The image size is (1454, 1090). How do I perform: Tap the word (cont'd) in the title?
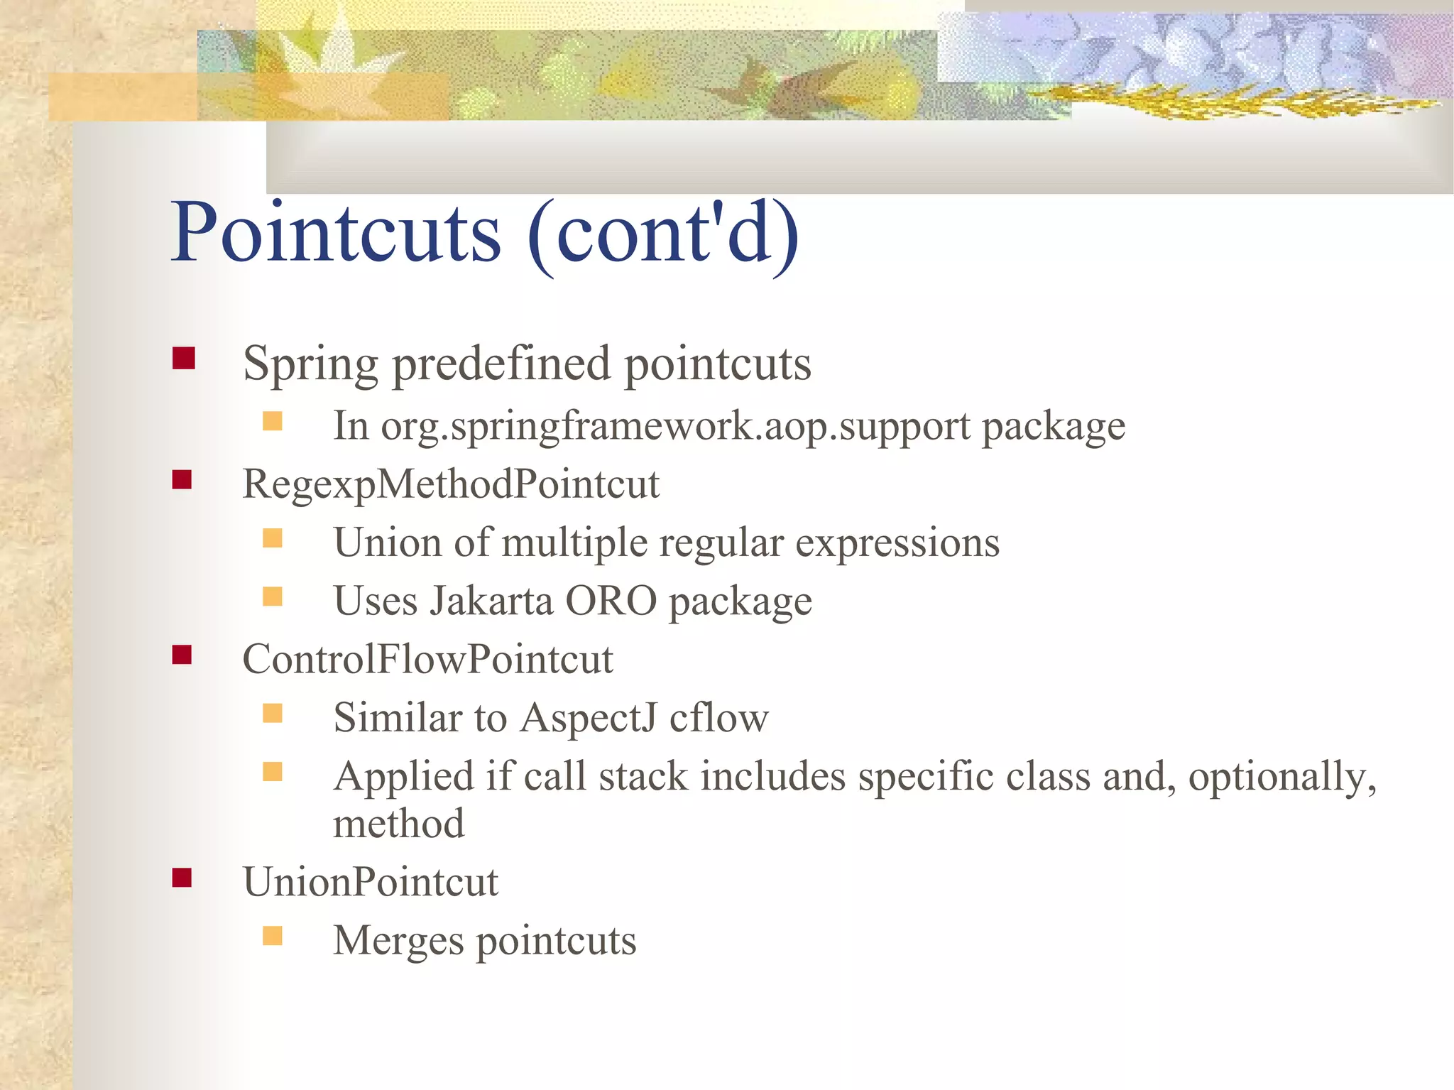(x=664, y=234)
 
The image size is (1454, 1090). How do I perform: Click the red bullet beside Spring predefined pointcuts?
(x=183, y=358)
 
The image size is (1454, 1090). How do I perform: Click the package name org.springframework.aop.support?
(x=674, y=427)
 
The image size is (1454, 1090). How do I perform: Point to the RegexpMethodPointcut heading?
(x=451, y=485)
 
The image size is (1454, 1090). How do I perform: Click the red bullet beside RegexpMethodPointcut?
(x=182, y=480)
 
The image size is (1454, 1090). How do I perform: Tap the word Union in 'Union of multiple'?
(x=388, y=543)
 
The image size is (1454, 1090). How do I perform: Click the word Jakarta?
(x=491, y=601)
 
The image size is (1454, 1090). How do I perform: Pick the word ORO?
(x=611, y=601)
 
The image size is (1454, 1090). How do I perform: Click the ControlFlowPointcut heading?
(x=427, y=660)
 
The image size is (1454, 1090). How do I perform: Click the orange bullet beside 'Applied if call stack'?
(x=273, y=771)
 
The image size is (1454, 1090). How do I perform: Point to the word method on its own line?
(x=398, y=824)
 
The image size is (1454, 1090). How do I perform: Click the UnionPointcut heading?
(x=371, y=883)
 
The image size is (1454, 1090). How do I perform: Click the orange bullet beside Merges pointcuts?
(x=273, y=936)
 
